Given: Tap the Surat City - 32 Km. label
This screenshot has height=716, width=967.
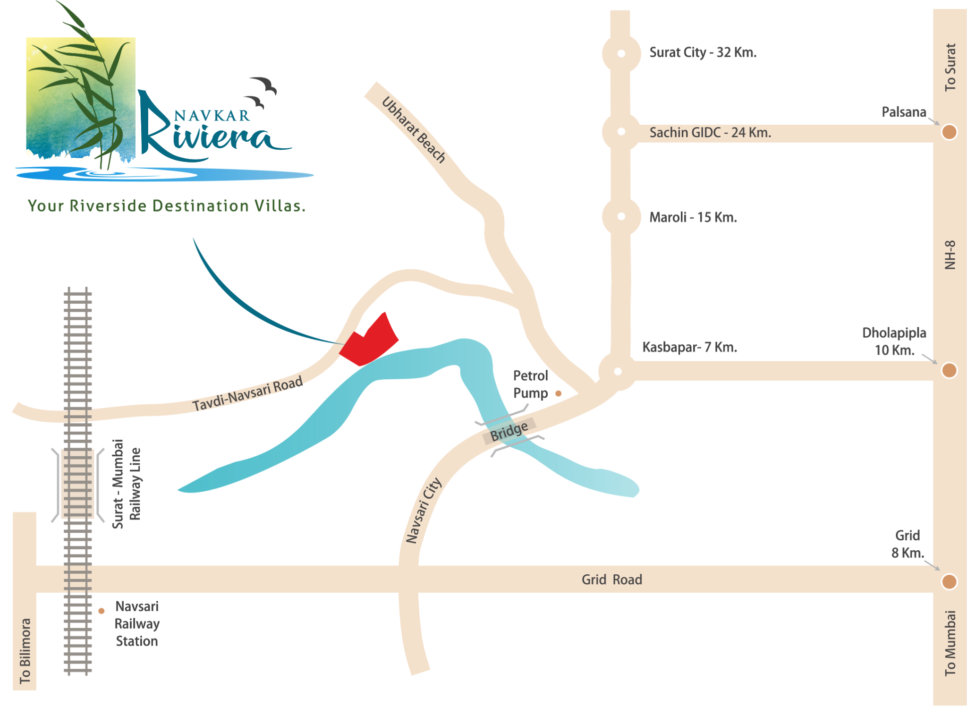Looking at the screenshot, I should tap(703, 52).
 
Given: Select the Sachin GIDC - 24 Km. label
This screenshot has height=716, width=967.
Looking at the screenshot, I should tap(710, 133).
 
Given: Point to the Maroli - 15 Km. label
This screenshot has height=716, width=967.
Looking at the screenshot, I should tap(693, 217).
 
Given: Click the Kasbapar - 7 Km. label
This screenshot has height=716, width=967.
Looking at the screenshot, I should tap(689, 348).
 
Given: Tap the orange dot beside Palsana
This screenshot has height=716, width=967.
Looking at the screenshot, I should tap(949, 132).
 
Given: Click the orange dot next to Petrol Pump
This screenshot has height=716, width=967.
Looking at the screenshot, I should tap(558, 393).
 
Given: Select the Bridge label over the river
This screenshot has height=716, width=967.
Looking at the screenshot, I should tap(509, 432).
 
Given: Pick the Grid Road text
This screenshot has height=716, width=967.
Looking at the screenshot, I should tap(611, 580).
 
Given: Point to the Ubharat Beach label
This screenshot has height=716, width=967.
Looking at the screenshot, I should tap(414, 129).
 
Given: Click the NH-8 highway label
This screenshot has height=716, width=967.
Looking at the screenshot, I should tap(950, 255).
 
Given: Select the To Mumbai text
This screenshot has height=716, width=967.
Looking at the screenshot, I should tap(950, 643).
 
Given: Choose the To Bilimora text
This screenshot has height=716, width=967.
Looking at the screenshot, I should tap(25, 651).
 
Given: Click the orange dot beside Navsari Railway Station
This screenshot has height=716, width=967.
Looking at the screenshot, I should tap(102, 611).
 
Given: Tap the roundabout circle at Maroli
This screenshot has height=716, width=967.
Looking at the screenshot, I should tap(621, 216).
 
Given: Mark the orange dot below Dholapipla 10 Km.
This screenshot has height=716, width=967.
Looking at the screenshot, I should tap(949, 370).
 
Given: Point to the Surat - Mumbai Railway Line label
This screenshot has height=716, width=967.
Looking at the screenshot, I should tap(127, 484).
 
